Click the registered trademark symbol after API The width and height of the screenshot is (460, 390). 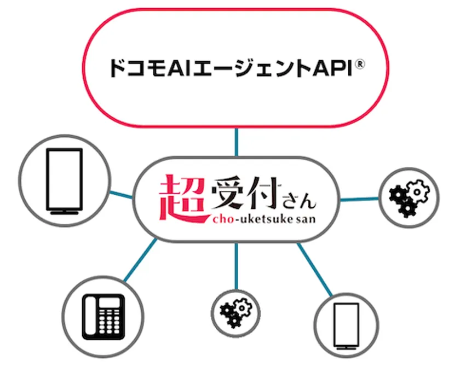360,64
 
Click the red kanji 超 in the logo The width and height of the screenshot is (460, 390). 182,198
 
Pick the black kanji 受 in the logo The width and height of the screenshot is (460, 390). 229,193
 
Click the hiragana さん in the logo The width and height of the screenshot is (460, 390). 299,201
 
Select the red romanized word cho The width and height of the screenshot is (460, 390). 223,219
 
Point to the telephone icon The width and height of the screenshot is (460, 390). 104,317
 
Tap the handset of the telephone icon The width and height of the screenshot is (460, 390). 90,317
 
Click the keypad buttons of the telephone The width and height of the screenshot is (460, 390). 109,322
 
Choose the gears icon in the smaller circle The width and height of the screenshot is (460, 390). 235,313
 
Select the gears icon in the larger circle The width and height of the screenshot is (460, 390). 409,199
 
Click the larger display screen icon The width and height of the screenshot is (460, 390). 65,182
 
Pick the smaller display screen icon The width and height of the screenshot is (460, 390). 347,326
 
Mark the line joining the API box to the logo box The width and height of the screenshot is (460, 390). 237,142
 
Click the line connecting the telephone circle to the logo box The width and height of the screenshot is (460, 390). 140,260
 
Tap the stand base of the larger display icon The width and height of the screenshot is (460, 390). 65,212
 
